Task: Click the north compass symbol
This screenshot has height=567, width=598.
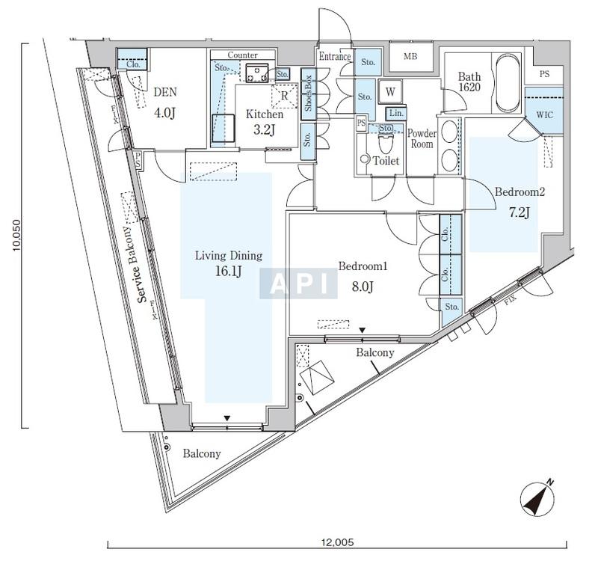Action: tap(537, 497)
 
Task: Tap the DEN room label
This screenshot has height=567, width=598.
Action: tap(165, 92)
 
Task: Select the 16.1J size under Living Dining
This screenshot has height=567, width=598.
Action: tap(229, 272)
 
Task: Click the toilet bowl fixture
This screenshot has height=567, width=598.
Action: tap(386, 143)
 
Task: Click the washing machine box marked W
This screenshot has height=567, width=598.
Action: tap(389, 91)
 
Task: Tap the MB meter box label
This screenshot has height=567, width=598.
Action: tap(410, 56)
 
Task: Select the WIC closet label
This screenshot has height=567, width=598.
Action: tap(544, 114)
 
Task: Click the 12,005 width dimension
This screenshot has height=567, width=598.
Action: tap(338, 542)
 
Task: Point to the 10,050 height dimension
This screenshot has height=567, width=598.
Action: tap(16, 236)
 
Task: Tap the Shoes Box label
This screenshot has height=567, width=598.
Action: tap(308, 93)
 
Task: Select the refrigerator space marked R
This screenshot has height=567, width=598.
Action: tap(284, 96)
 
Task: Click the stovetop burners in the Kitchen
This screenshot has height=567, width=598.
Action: tap(256, 73)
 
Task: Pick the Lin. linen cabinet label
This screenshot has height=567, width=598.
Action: tap(396, 113)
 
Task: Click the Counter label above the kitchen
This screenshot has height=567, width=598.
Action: tap(242, 55)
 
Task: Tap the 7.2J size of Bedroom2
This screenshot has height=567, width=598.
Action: tap(519, 212)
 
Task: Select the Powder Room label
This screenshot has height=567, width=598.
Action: tap(422, 139)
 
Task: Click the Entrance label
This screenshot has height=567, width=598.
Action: tap(335, 56)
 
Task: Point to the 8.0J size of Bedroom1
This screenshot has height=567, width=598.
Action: tap(363, 286)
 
